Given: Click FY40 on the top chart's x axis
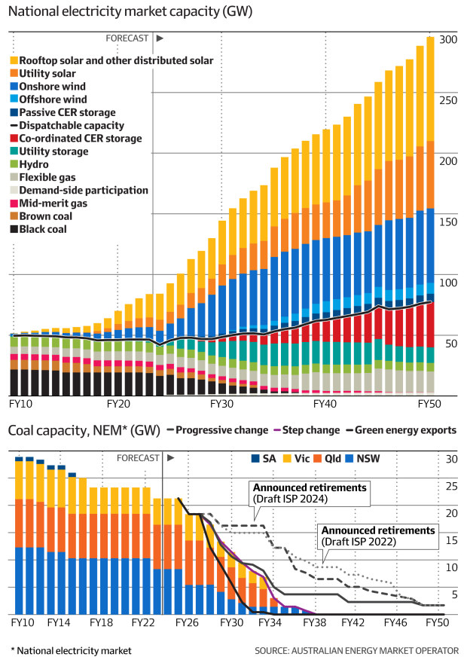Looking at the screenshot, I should click(x=325, y=404).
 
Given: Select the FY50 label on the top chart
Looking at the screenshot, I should click(x=430, y=404).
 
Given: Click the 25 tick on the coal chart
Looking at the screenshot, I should click(x=453, y=487).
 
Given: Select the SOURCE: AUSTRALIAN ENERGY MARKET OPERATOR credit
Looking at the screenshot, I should click(x=356, y=649).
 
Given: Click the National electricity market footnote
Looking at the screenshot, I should click(x=71, y=649).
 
